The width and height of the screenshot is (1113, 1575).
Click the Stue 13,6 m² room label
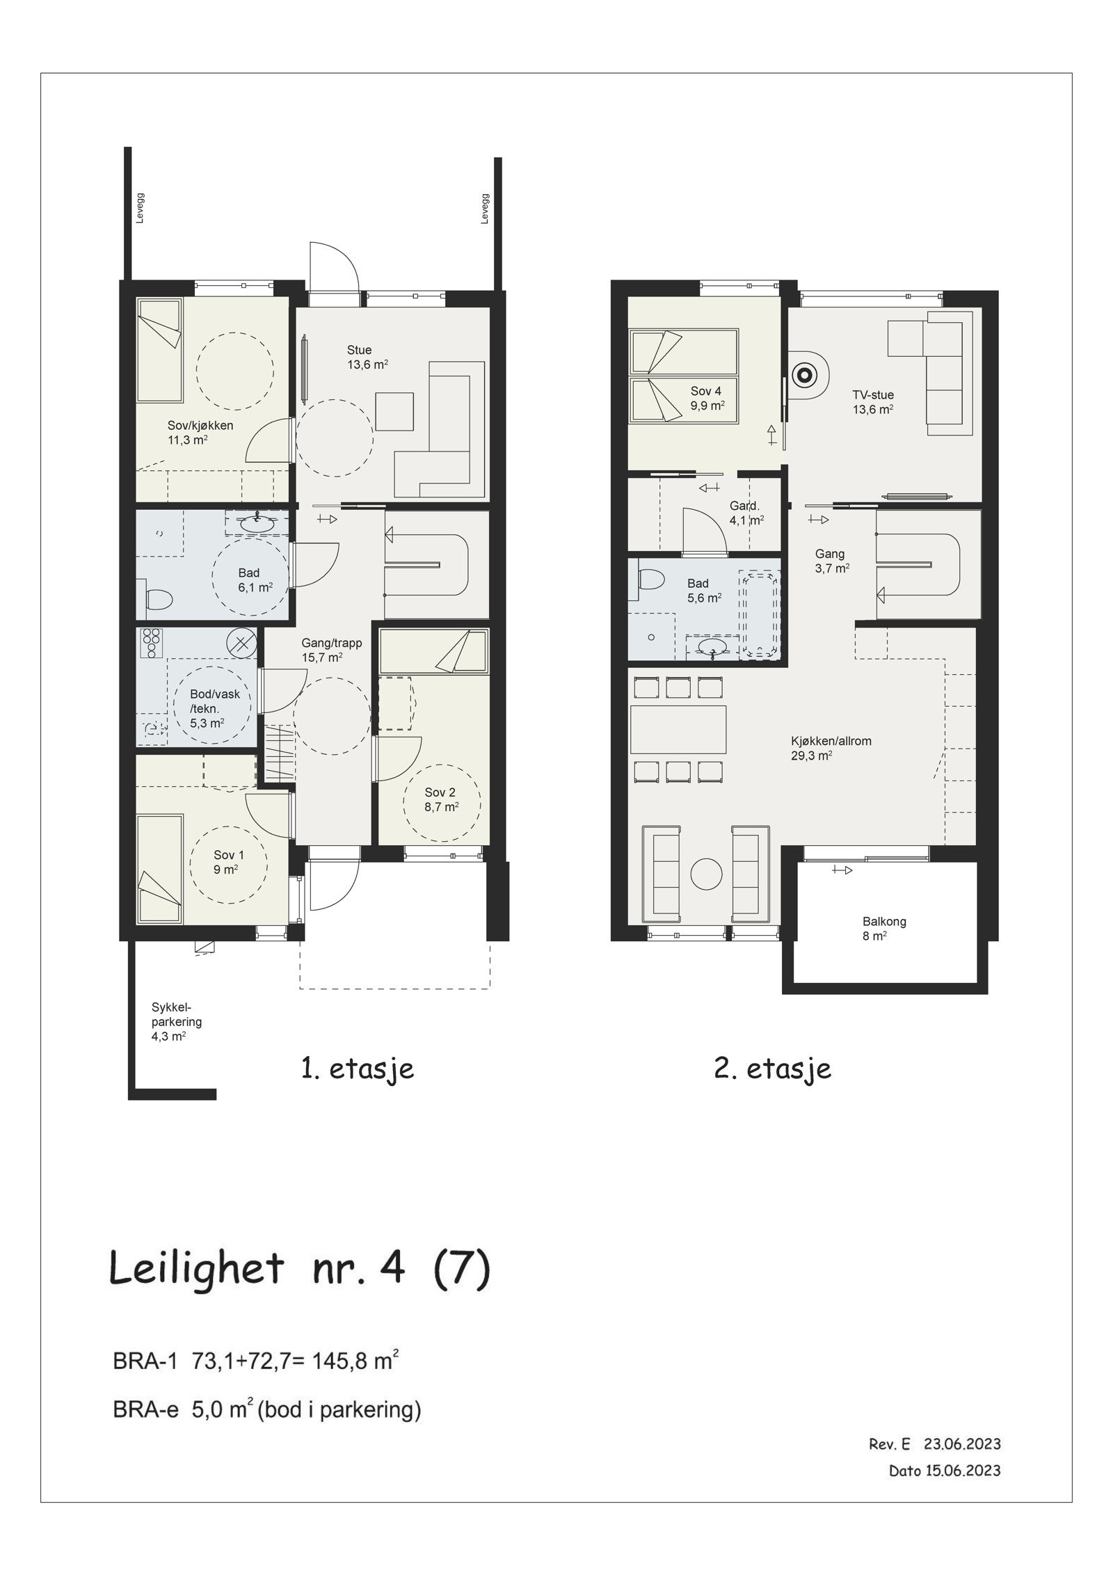coord(367,356)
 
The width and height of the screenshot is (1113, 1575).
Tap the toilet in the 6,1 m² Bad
coord(159,600)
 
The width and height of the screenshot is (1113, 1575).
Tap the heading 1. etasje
coord(358,1069)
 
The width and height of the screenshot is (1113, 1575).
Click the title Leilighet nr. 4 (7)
coord(300,1268)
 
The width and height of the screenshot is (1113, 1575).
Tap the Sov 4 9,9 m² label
coord(705,398)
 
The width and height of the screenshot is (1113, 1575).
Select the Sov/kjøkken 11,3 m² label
coord(200,432)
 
